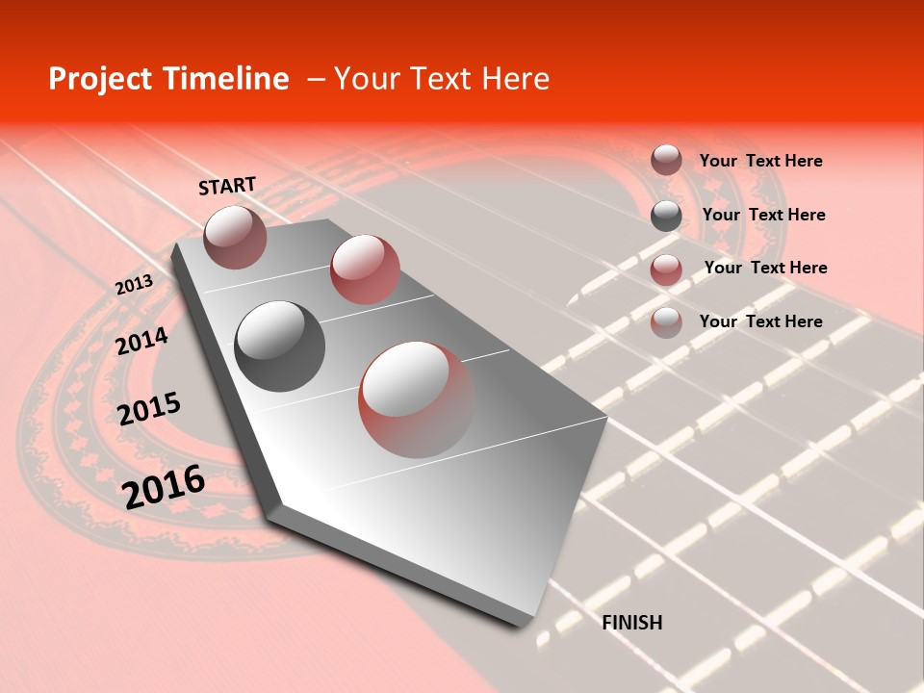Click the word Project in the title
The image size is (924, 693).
coord(95,80)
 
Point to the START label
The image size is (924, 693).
coord(227,186)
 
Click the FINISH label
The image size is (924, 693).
coord(631,623)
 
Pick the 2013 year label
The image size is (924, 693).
coord(134,285)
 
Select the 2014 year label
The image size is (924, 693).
coord(141,341)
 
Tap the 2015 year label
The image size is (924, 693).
coord(148,409)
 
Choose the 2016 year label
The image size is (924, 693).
coord(164,486)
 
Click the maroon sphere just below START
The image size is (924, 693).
coord(235,237)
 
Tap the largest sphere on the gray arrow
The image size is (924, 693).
coord(417,399)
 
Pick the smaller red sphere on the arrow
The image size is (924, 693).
coord(365,269)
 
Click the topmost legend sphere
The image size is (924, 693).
coord(666,160)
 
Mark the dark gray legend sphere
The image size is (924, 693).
coord(666,216)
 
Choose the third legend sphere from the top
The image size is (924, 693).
coord(666,269)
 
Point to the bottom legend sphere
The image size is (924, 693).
coord(666,322)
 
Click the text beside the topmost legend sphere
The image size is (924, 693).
coord(760,161)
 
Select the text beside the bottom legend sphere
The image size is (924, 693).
coord(760,321)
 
